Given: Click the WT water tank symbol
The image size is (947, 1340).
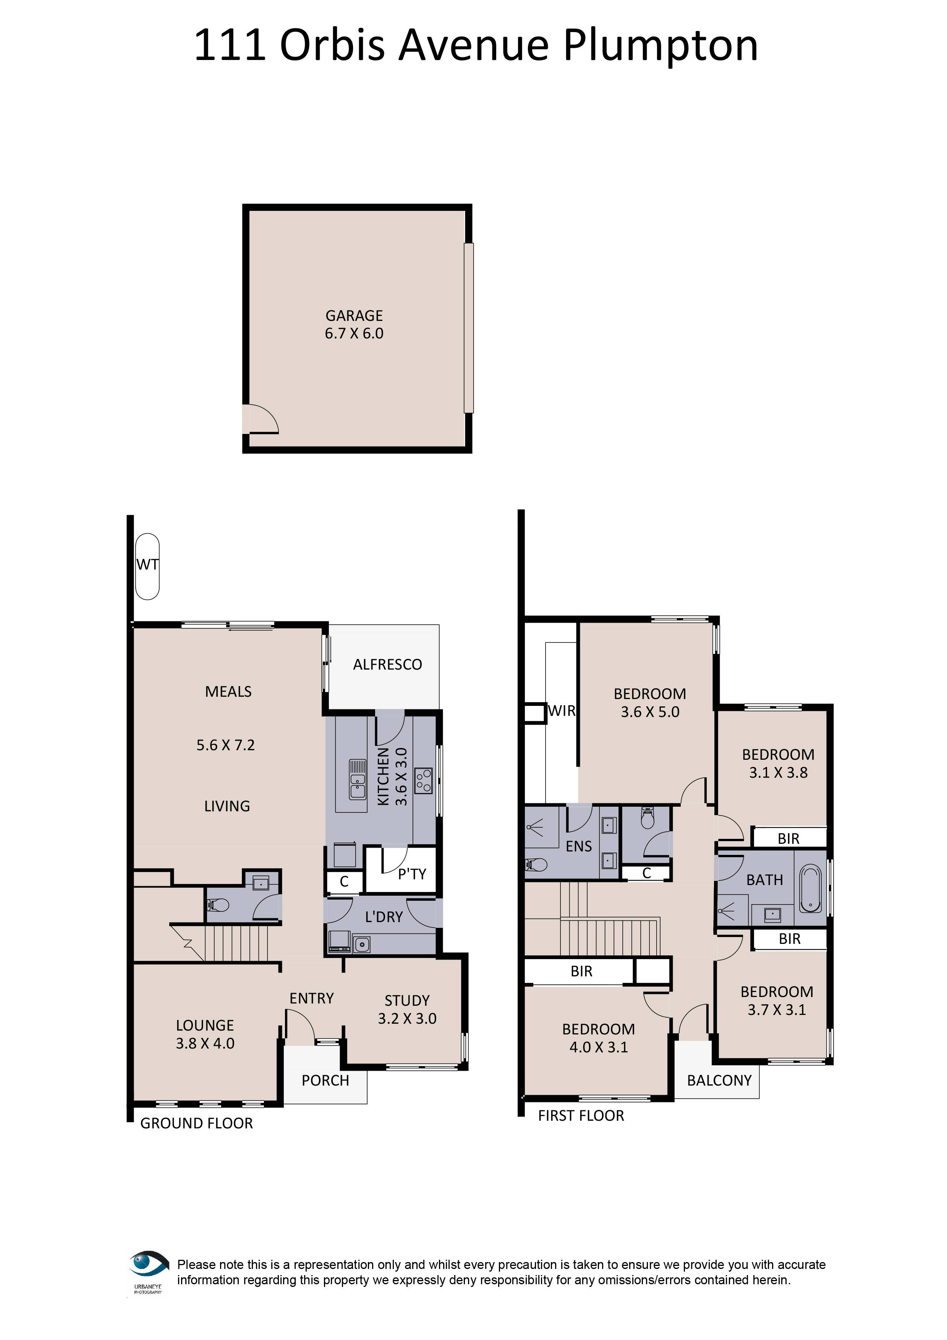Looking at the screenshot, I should click(147, 566).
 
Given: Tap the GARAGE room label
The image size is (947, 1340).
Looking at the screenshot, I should click(354, 316).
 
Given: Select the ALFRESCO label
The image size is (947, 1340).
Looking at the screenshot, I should click(387, 664).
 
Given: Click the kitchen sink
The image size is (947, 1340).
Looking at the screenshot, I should click(357, 779).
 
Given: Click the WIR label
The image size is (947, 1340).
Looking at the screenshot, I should click(561, 711).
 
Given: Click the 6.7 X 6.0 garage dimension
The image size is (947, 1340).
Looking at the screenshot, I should click(354, 334).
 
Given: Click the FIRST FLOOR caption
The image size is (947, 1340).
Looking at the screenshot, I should click(581, 1116).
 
